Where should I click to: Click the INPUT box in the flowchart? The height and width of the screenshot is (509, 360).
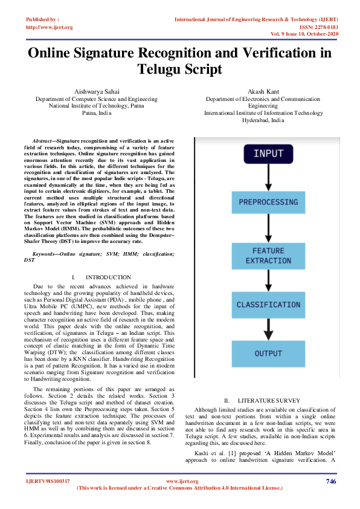click(268, 154)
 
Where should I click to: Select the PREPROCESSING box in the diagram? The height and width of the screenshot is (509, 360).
click(268, 202)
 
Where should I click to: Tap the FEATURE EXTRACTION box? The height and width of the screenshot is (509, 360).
click(268, 254)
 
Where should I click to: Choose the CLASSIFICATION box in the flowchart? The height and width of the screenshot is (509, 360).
click(268, 305)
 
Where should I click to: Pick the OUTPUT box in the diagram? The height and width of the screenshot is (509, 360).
click(268, 353)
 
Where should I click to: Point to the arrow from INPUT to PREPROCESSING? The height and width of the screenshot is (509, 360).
click(268, 178)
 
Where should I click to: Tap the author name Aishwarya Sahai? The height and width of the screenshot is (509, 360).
click(97, 91)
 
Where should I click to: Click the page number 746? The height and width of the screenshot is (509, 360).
click(330, 481)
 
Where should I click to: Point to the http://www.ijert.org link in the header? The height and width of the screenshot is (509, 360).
click(50, 27)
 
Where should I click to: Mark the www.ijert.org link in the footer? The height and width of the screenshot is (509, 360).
click(182, 481)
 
